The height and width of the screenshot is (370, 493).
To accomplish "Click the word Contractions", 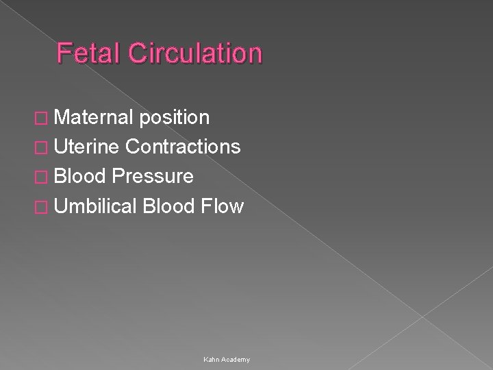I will tap(183, 147).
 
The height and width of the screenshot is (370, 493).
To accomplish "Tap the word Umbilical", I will tap(97, 206).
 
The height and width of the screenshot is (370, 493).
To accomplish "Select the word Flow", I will tap(223, 206).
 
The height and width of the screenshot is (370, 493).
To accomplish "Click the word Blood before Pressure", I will tap(81, 176).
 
